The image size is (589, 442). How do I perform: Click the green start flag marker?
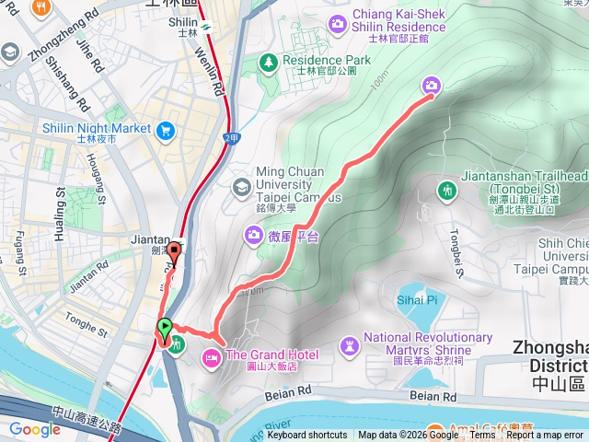tap(165, 327)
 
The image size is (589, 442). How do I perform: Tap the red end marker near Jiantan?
tap(175, 249)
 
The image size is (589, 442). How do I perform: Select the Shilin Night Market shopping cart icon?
tap(167, 129)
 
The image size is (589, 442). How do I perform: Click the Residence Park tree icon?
tap(268, 63)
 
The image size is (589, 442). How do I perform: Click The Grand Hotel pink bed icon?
tap(211, 355)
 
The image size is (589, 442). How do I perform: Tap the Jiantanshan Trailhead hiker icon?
tap(447, 190)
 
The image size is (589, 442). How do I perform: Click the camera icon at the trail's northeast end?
tap(430, 86)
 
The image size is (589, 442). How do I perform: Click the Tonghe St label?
tap(94, 322)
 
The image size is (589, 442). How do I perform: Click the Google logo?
tap(35, 429)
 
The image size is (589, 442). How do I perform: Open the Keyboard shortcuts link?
tap(306, 436)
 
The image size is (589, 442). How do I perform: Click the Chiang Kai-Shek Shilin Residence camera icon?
tap(339, 21)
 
